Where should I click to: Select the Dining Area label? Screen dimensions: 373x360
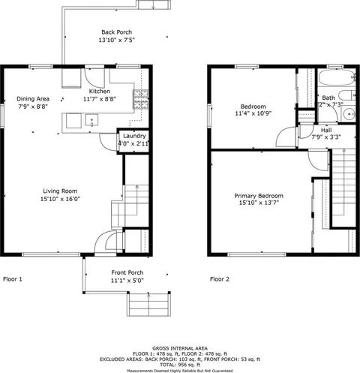click(x=33, y=98)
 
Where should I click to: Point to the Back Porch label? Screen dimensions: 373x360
click(x=117, y=32)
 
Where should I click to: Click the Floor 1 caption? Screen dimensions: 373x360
click(x=12, y=278)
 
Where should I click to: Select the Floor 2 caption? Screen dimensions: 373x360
click(x=220, y=278)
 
